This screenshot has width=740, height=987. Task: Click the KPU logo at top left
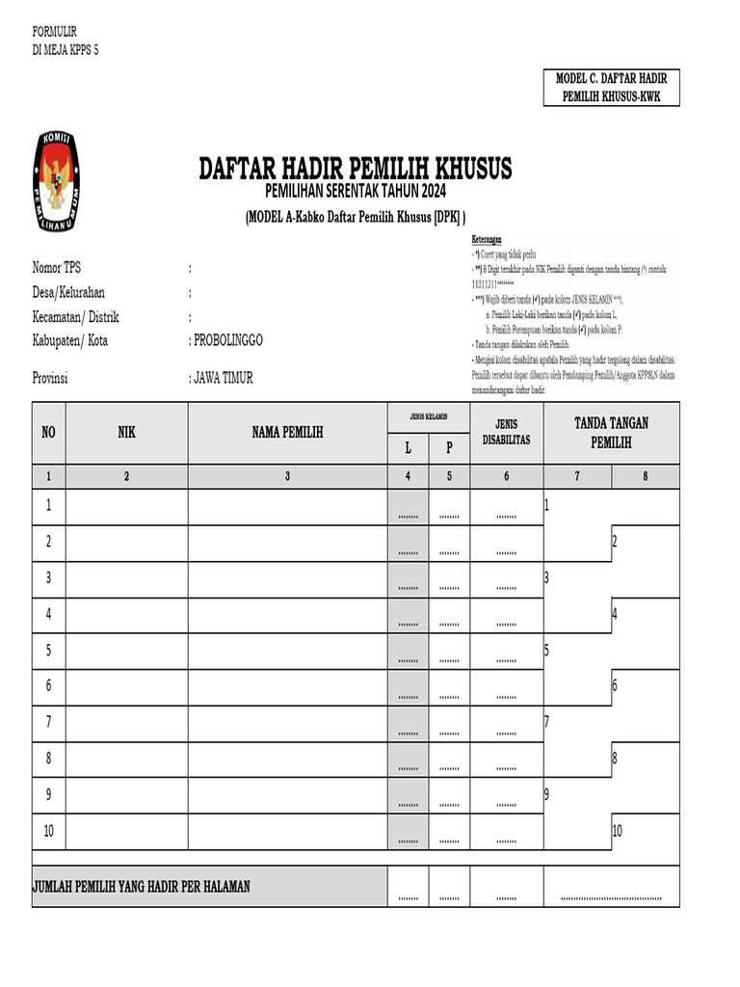[x=58, y=182]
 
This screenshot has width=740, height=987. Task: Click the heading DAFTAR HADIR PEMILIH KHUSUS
[x=355, y=169]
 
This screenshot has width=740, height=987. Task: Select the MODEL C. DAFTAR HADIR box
[x=612, y=88]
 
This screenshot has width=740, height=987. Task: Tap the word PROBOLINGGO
[x=228, y=340]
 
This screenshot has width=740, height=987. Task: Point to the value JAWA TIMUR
[x=224, y=378]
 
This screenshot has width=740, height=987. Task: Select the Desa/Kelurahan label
[x=68, y=292]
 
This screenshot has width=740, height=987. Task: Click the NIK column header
[x=126, y=433]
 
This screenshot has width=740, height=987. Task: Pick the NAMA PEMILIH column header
[x=287, y=433]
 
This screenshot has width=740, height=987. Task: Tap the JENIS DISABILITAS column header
[x=506, y=432]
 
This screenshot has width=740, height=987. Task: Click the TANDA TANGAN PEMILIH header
[x=611, y=432]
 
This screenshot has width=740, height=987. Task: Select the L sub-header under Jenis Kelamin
[x=408, y=448]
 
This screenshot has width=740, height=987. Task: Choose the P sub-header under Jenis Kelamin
[x=448, y=448]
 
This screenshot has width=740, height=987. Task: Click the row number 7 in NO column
[x=48, y=722]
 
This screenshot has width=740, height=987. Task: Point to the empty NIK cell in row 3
[x=126, y=578]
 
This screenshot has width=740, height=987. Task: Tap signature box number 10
[x=645, y=832]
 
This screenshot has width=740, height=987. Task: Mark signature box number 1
[x=578, y=507]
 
